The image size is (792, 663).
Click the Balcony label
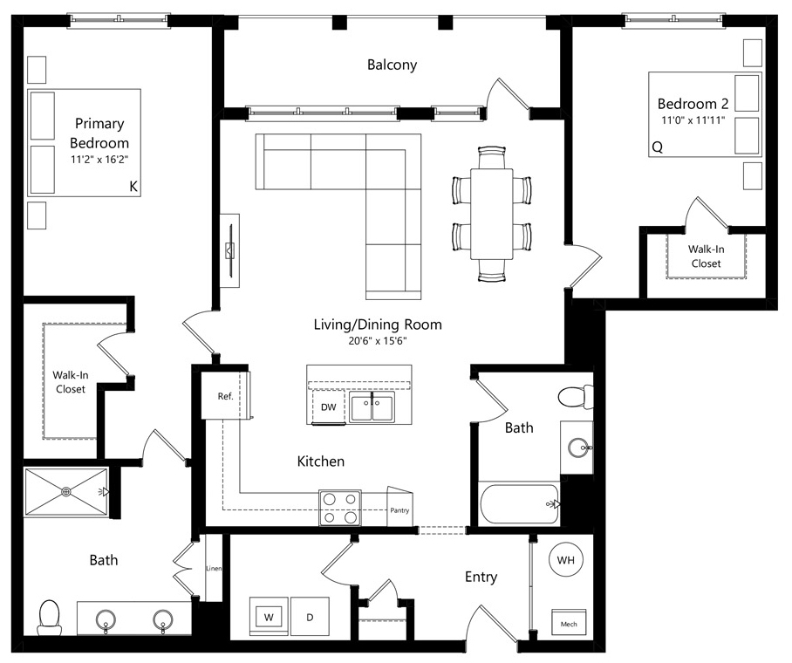[x=392, y=65]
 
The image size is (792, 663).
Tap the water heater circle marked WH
[x=566, y=559]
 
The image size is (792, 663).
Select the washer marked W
[x=269, y=617]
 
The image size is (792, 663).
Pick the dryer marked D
[x=310, y=617]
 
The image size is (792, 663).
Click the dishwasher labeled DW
[x=328, y=407]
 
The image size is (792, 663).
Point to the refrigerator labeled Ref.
[x=225, y=396]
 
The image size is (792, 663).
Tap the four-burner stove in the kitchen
[x=339, y=508]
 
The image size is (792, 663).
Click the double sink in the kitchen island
[x=372, y=407]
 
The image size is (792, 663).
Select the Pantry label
[x=399, y=510]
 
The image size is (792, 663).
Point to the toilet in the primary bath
[x=50, y=618]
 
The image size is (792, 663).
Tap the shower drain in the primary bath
[x=66, y=492]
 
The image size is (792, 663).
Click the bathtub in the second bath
[x=519, y=504]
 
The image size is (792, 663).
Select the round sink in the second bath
[x=577, y=448]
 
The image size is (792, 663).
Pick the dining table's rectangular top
[x=491, y=215]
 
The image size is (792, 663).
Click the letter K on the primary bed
[x=133, y=187]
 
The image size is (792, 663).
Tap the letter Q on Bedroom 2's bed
[x=657, y=147]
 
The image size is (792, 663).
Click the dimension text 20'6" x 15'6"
[x=378, y=341]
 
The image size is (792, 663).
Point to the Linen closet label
[x=214, y=569]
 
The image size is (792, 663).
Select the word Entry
[x=481, y=578]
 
